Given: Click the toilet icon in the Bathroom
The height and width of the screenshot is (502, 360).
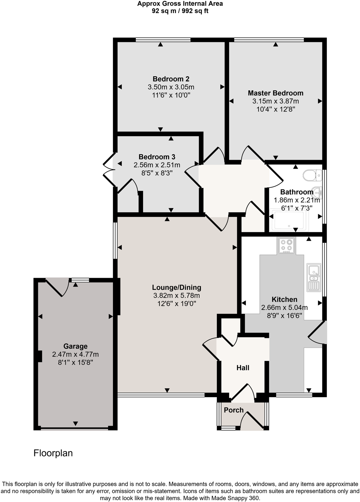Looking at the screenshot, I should click(x=312, y=175).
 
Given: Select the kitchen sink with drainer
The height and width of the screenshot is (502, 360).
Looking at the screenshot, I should click(x=314, y=277).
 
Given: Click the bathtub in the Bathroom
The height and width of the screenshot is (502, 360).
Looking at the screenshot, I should click(x=289, y=220).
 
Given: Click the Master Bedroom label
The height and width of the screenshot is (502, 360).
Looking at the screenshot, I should click(x=276, y=93).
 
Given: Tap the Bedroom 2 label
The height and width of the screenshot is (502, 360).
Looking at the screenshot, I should click(x=171, y=79).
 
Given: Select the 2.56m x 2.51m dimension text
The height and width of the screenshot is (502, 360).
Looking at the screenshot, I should click(x=157, y=165).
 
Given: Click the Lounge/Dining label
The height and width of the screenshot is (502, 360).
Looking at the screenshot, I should click(x=177, y=287).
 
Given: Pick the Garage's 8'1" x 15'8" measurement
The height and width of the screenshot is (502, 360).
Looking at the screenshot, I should click(x=75, y=363).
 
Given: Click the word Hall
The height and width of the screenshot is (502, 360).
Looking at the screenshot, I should click(x=243, y=368).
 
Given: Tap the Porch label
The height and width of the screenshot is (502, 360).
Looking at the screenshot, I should click(x=234, y=410).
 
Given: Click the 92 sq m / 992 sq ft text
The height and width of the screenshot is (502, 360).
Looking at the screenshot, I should click(x=180, y=11).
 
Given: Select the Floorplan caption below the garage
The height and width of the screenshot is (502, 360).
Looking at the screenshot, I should click(x=53, y=453).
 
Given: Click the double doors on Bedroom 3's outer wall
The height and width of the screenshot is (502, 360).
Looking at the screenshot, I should click(x=108, y=169).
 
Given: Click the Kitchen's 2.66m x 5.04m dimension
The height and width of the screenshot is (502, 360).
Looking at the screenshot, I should click(x=284, y=308).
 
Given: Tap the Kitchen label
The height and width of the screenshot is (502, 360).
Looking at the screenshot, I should click(x=284, y=299).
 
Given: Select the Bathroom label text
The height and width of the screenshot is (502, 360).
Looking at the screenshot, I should click(x=297, y=192).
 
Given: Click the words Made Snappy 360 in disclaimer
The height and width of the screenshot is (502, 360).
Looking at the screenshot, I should click(x=237, y=498).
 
